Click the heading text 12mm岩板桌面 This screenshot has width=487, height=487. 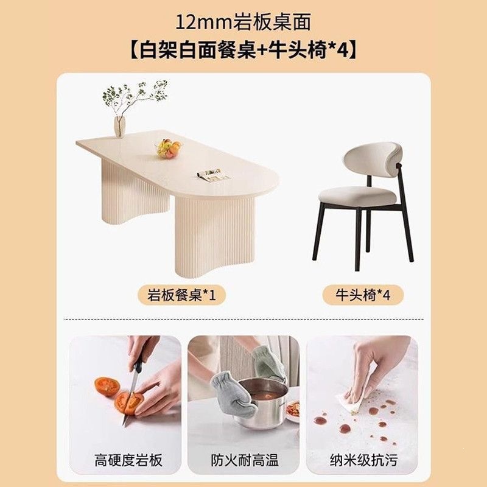pos(243,23)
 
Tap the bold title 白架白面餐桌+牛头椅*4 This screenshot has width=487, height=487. pos(243,50)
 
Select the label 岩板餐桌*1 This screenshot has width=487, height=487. pos(181,295)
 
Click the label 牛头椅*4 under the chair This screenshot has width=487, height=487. pos(363,295)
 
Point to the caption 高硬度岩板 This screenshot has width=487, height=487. pos(128,460)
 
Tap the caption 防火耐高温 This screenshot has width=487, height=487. pos(245,460)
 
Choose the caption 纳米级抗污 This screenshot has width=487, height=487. pos(363,460)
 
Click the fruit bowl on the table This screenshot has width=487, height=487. pos(169,149)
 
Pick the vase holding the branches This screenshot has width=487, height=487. pos(119,127)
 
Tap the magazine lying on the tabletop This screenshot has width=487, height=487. pos(214,175)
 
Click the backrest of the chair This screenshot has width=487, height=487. pos(373,159)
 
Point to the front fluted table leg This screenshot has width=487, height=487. pos(215,237)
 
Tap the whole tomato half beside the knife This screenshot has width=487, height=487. pos(107,387)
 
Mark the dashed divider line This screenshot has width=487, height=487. pos(243,319)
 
